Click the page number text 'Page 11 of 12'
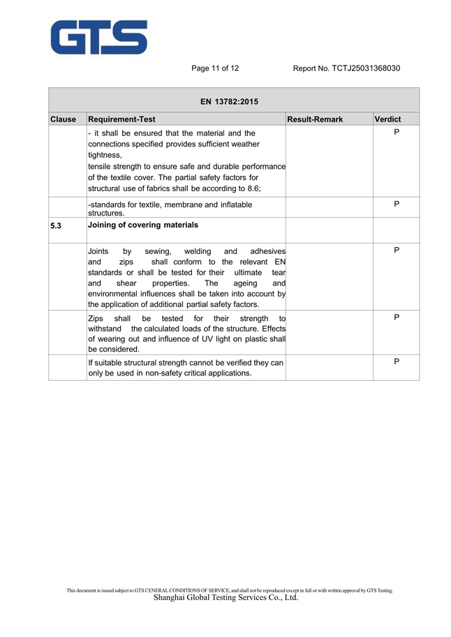point(215,68)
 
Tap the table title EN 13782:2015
point(229,102)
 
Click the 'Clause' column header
point(63,119)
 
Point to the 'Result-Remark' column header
point(315,119)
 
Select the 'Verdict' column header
point(387,119)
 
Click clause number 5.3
point(56,226)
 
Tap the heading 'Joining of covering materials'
point(143,225)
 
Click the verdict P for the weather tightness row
point(396,131)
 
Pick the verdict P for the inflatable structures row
point(396,204)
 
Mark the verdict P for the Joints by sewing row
point(396,250)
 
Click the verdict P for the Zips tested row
point(396,317)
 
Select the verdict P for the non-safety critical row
point(396,361)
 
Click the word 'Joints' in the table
point(98,250)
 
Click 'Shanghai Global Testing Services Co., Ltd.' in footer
point(225,598)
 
